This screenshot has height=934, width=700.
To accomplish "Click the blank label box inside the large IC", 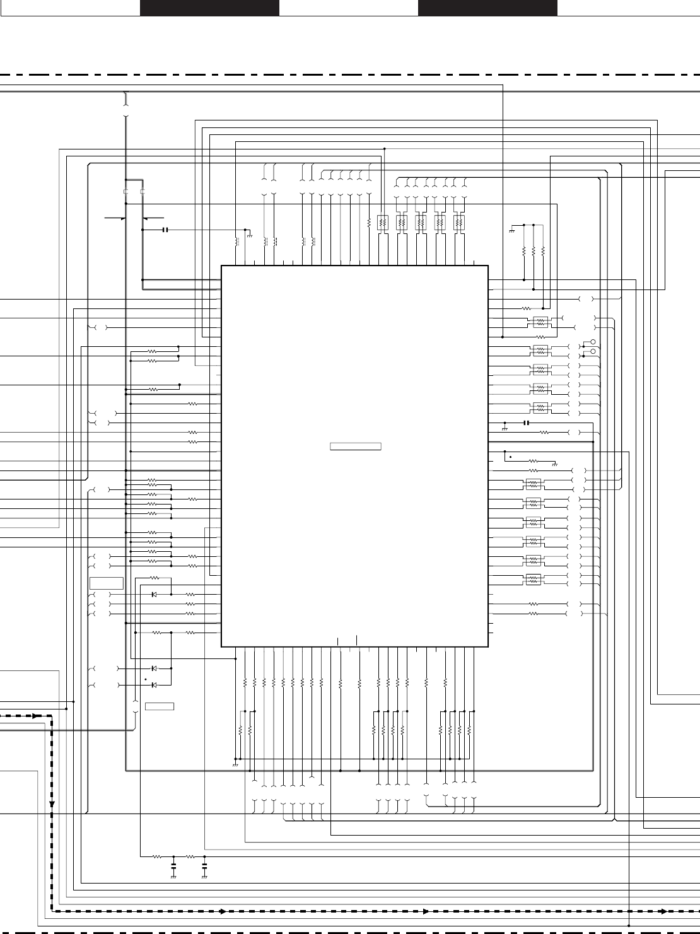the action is (356, 447).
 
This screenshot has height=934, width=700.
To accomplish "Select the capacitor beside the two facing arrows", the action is (165, 230).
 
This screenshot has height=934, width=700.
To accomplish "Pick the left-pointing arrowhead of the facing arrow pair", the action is (146, 218).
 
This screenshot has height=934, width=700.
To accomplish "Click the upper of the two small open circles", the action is (593, 342).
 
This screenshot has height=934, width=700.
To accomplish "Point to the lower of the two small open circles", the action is (593, 351).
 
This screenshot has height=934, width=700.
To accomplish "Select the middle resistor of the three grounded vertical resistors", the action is (534, 251).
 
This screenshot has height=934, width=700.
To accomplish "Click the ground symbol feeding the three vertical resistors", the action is (511, 231).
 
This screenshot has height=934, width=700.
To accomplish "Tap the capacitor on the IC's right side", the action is (526, 423).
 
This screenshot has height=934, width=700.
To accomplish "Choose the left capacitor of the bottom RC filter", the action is (173, 868).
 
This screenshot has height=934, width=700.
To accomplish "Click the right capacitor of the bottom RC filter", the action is (204, 868).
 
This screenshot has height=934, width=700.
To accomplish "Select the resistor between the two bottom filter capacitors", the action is (189, 857).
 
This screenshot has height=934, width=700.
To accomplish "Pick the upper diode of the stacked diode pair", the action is (154, 668).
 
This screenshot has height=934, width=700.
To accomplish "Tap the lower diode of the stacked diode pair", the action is (154, 685).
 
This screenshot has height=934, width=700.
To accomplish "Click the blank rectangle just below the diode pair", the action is (160, 706).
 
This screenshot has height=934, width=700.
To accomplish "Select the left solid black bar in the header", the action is (209, 8).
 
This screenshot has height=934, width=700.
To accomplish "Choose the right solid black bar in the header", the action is (487, 8).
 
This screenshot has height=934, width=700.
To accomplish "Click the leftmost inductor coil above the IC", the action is (237, 242).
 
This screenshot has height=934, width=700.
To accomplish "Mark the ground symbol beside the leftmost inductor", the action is (250, 235).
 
